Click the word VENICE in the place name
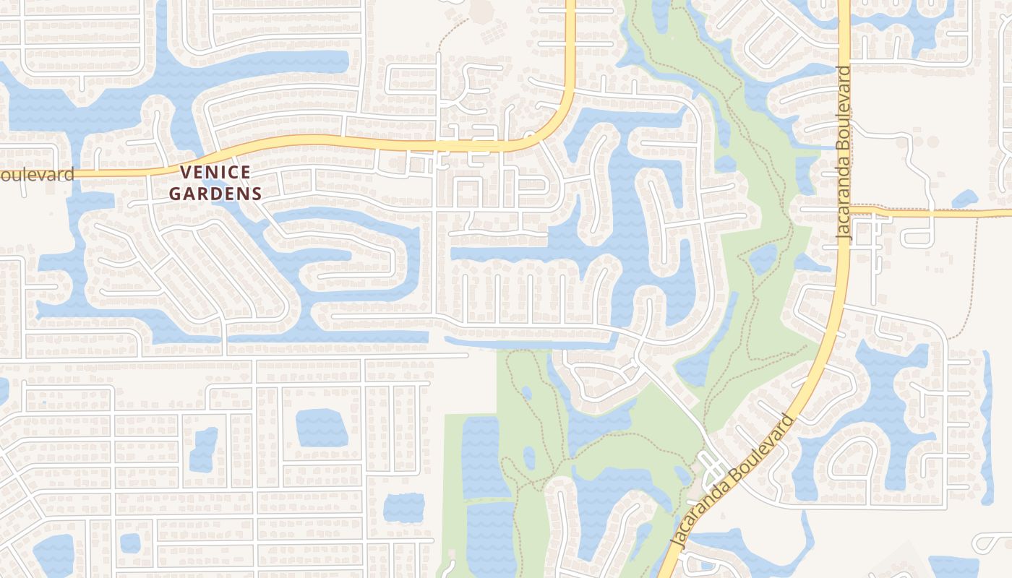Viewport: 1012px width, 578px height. (215, 173)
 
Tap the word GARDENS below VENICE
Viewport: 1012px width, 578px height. (215, 194)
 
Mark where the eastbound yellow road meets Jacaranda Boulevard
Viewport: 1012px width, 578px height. (848, 212)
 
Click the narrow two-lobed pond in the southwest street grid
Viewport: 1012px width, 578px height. (203, 449)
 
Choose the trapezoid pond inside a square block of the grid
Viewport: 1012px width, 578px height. (322, 428)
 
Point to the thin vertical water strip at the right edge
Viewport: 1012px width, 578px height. (987, 426)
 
